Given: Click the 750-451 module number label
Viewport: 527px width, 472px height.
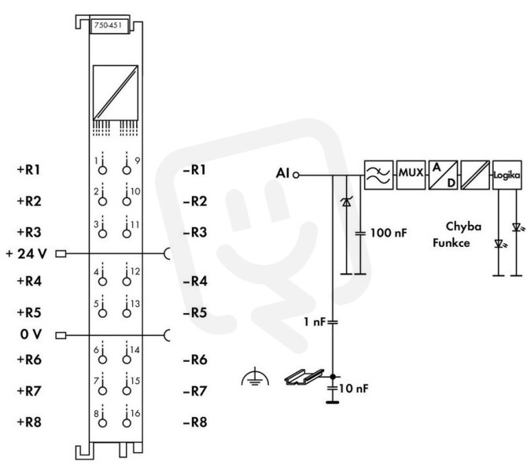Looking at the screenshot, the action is pos(108,25).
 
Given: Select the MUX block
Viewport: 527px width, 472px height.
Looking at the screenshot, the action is pos(411,175).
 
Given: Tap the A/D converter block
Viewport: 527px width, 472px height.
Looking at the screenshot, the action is pos(443,175).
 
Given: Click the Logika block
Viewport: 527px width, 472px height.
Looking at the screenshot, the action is pos(507,175).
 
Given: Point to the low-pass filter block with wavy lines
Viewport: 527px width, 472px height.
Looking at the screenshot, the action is pos(378,175).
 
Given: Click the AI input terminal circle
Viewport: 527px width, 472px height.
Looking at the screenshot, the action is pos(296,175).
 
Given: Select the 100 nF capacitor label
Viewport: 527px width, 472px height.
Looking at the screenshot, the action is pos(389,233).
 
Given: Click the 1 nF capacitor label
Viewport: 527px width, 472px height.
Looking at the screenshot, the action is pos(315,322).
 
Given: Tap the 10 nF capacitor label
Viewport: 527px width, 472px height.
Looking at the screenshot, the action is pos(354,389).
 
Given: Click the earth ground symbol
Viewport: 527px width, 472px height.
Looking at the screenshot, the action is pos(255,377).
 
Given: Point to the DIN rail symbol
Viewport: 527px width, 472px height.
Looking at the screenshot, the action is pos(304,377).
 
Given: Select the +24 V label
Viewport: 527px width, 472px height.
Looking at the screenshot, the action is pos(26,254).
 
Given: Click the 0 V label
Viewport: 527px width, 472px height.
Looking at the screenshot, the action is pos(31,334).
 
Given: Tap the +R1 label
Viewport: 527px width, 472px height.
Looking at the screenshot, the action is pos(29,169).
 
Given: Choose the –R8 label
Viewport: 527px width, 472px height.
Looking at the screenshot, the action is pos(195,422).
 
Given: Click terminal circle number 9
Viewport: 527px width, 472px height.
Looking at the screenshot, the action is pos(127,170).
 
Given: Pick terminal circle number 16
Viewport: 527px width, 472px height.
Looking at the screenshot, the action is pos(127,423).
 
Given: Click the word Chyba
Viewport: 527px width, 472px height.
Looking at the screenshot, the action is pos(463,227).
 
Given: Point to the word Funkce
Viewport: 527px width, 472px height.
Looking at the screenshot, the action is pos(451,243).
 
